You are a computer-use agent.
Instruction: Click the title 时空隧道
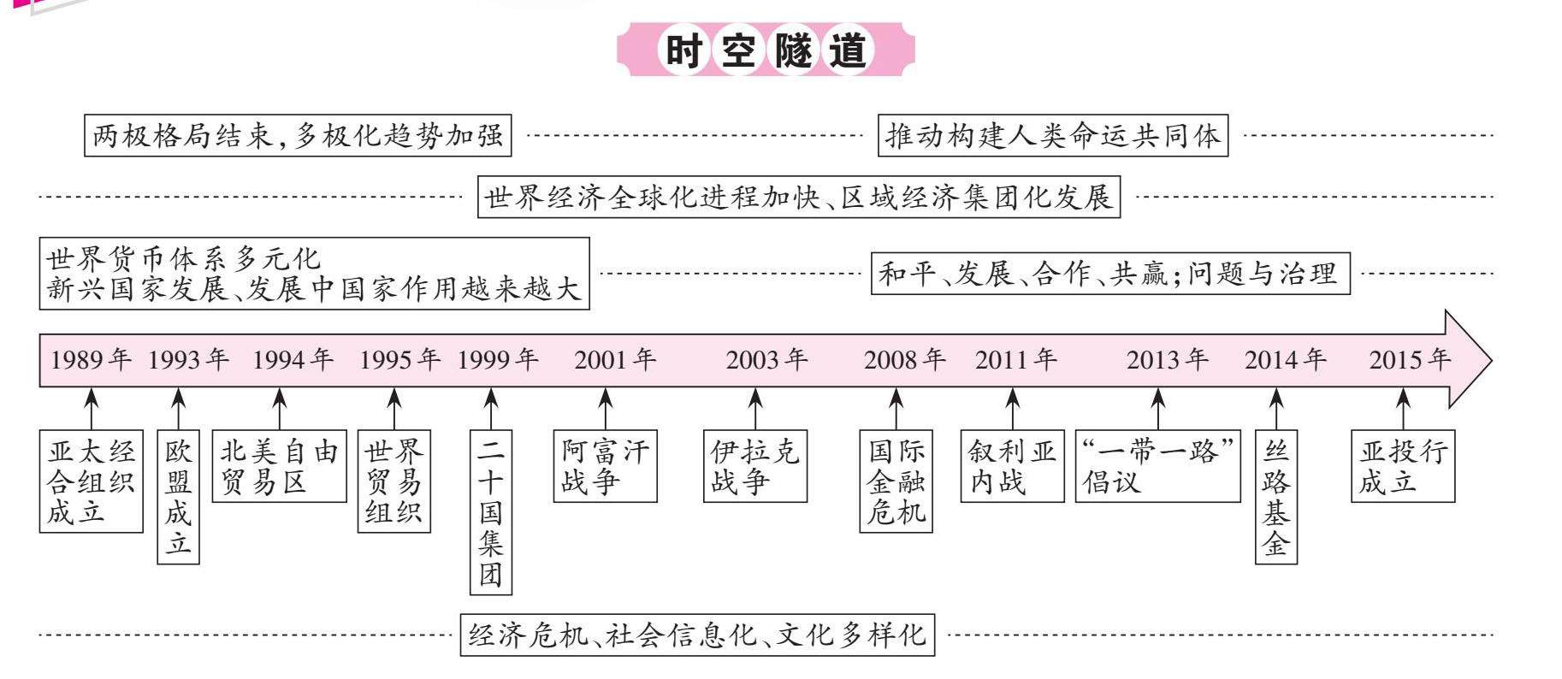(766, 50)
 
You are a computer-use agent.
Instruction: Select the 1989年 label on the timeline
(91, 360)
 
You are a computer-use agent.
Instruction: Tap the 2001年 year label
(615, 360)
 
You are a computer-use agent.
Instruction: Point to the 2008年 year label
(904, 360)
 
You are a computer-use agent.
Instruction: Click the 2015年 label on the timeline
(1410, 360)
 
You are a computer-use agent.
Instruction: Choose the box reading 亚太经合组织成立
(91, 481)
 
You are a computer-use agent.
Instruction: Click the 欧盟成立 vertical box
(178, 497)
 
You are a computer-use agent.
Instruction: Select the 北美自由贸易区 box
(279, 466)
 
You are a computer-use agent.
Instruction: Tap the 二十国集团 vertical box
(490, 512)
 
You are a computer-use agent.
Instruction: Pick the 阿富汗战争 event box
(605, 466)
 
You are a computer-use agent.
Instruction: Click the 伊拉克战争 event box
(754, 466)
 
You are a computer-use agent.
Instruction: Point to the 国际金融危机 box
(896, 481)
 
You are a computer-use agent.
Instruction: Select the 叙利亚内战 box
(1012, 466)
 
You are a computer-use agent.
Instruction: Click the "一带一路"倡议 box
(1157, 466)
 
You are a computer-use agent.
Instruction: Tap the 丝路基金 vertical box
(1275, 497)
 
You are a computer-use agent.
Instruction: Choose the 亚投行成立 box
(1403, 466)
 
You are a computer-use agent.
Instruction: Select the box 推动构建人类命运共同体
(1053, 135)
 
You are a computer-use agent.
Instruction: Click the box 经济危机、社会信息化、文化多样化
(697, 635)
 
